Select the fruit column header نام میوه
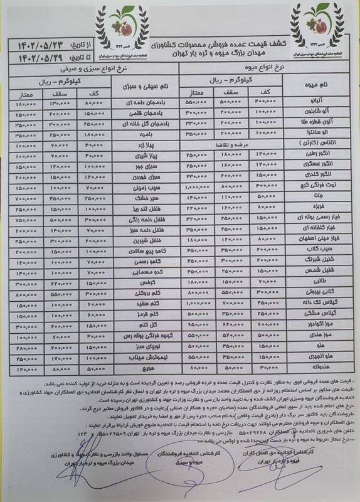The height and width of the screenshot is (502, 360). (313, 86)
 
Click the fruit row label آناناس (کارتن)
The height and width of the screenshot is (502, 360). (313, 144)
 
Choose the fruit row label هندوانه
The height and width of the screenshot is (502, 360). (313, 366)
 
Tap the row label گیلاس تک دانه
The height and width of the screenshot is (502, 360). (313, 304)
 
